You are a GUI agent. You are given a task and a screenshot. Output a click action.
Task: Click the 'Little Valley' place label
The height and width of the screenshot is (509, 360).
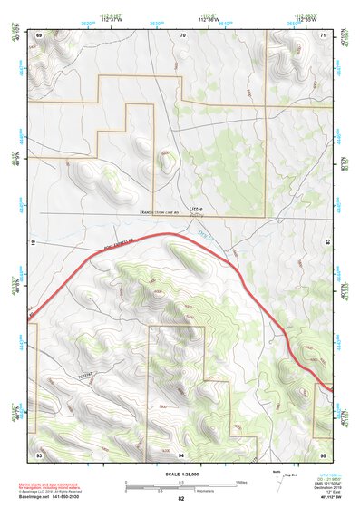pyautogui.click(x=197, y=211)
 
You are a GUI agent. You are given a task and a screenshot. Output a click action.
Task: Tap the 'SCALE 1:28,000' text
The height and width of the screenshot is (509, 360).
pyautogui.click(x=181, y=475)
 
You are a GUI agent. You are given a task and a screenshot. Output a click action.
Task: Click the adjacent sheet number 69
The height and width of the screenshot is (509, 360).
pyautogui.click(x=39, y=34)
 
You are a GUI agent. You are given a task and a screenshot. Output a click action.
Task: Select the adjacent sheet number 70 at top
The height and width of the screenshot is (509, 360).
pyautogui.click(x=182, y=34)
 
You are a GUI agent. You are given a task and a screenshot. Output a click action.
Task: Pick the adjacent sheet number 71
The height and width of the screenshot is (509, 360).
pyautogui.click(x=325, y=34)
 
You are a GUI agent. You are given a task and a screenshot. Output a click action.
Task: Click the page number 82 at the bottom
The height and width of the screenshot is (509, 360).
pyautogui.click(x=181, y=499)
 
